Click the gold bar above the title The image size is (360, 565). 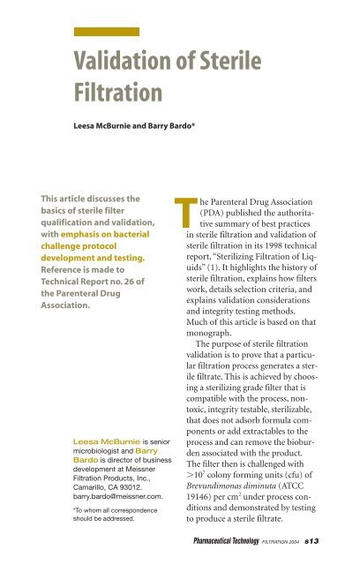(105, 31)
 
